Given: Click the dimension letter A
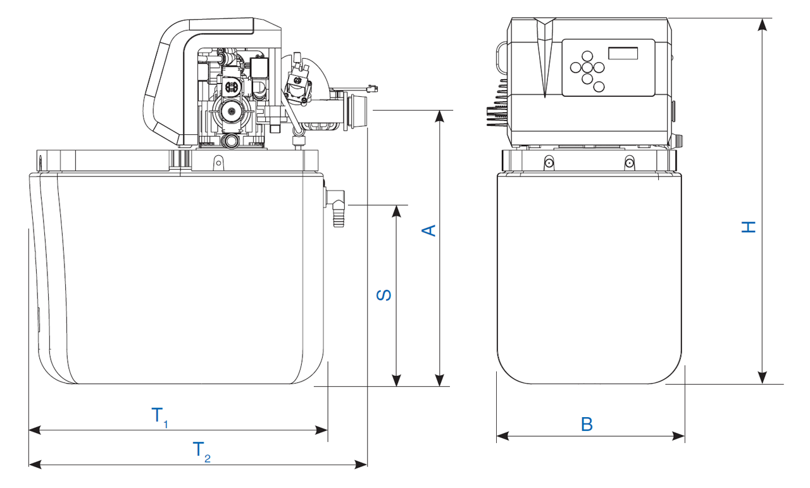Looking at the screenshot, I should [429, 230].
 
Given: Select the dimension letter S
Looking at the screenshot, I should [384, 295].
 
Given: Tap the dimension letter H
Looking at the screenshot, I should [749, 227].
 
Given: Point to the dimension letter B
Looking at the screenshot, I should [587, 424].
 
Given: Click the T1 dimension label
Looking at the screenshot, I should [159, 417].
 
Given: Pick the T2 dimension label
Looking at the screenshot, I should [201, 451].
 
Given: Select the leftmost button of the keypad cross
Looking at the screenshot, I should [574, 66].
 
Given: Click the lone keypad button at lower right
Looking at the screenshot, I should [599, 87].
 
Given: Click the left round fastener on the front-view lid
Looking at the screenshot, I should [549, 163].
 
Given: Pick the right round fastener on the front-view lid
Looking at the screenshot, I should [630, 163].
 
